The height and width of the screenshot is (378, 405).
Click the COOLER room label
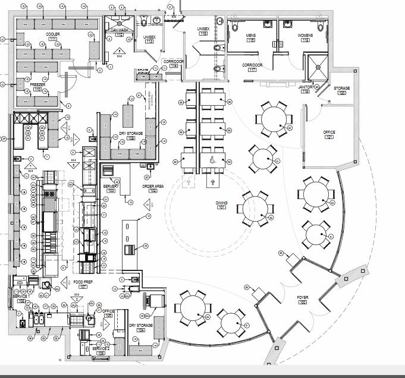tap(53, 34)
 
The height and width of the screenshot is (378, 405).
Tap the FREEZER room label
tap(38, 85)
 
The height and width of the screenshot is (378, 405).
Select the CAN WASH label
tap(119, 30)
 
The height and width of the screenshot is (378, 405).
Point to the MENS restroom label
tap(250, 36)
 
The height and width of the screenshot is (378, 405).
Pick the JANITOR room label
tap(305, 87)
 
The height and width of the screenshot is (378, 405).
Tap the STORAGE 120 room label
tap(341, 89)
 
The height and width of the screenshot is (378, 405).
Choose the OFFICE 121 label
tap(329, 133)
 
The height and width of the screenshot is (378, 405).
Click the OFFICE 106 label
tap(108, 311)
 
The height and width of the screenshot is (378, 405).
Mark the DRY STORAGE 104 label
tap(141, 326)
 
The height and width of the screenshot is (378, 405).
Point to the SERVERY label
tap(111, 187)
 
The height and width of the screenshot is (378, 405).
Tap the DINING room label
tap(221, 203)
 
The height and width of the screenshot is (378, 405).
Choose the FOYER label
tap(302, 297)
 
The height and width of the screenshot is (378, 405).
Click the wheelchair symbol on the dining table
tap(212, 159)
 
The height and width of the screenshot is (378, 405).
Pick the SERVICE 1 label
tap(20, 296)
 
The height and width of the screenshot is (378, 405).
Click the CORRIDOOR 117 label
tap(252, 65)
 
